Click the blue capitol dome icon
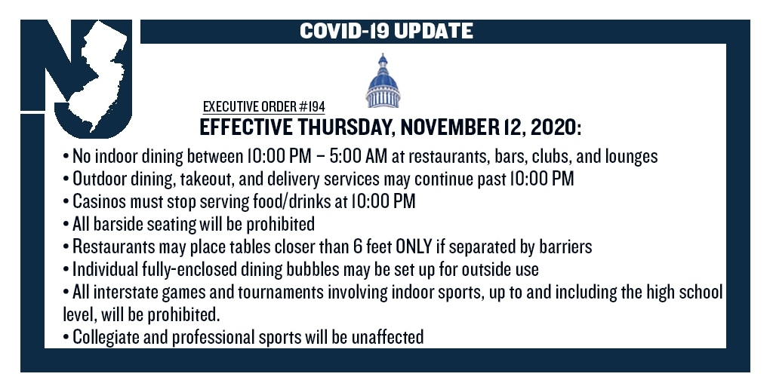tap(383, 81)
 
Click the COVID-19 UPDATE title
tap(386, 31)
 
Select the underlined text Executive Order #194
tap(263, 106)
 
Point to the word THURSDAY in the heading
tap(346, 127)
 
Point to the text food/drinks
tap(289, 202)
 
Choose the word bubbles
tap(314, 270)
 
